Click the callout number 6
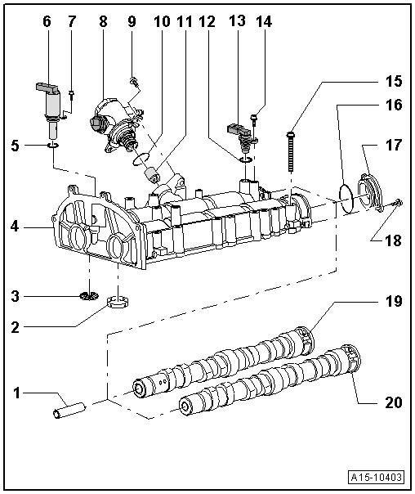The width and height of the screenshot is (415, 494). tap(47, 22)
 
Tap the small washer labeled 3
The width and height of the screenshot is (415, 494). tap(90, 293)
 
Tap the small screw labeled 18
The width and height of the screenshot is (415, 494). tap(396, 201)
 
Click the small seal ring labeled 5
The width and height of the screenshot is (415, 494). tap(54, 146)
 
